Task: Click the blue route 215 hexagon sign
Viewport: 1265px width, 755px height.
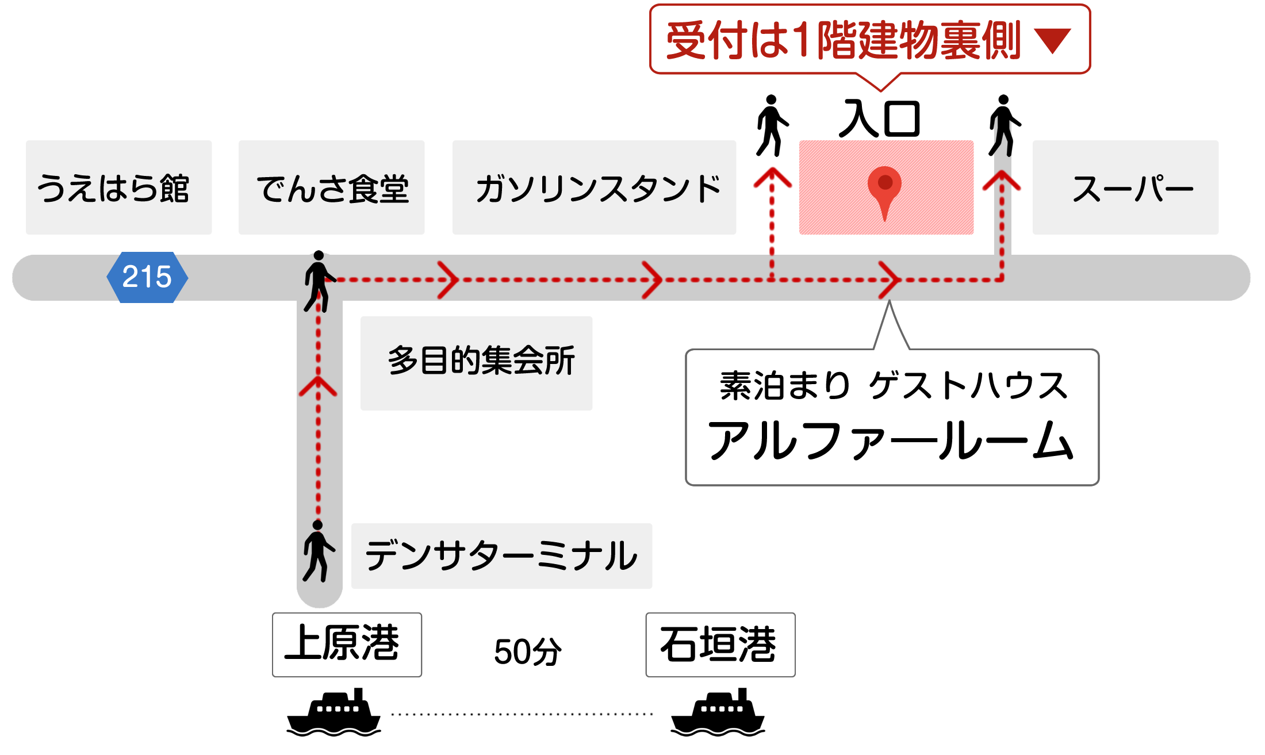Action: [x=147, y=277]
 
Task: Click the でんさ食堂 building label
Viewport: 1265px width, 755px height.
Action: [x=332, y=187]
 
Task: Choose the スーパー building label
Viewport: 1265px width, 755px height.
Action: [x=1126, y=187]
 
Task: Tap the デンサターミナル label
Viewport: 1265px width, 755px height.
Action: [x=501, y=555]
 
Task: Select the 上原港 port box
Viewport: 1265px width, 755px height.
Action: [x=347, y=644]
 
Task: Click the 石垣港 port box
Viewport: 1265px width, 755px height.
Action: [x=720, y=644]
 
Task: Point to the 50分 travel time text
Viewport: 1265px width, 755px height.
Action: [x=527, y=651]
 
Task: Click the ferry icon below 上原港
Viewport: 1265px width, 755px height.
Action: [x=333, y=713]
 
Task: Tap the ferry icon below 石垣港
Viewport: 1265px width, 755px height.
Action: [x=718, y=713]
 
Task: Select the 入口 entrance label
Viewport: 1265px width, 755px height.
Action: [x=880, y=119]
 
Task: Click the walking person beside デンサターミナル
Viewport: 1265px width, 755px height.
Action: [x=318, y=551]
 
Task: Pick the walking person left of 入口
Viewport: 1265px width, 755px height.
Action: [x=772, y=125]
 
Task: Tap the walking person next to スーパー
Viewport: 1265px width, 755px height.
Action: [x=1004, y=125]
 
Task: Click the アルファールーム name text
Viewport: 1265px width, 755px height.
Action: [x=891, y=440]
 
